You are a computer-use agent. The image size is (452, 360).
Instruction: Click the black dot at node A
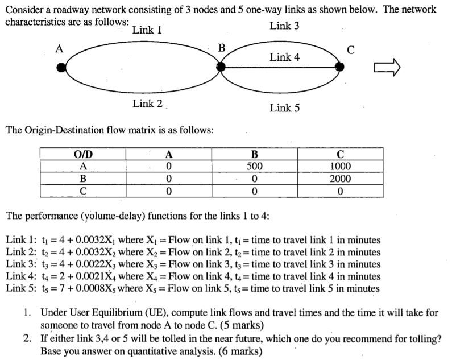pos(61,68)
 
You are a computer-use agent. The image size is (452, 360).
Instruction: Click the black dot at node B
pos(221,67)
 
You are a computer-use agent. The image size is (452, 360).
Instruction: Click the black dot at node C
pos(339,67)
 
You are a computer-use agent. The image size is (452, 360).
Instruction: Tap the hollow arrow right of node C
pos(387,68)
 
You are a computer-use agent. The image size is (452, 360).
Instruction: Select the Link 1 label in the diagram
pos(147,30)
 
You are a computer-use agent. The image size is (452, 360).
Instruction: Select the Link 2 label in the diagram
pos(147,104)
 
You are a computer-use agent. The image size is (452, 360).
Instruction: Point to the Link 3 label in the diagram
pos(284,26)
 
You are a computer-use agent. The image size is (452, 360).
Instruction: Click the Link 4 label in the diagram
pos(284,57)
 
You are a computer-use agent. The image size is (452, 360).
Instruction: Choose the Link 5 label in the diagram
pos(284,108)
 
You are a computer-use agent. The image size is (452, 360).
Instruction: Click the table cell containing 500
pos(254,167)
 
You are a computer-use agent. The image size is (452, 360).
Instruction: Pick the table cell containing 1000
pos(341,167)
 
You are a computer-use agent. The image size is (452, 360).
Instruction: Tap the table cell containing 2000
pos(341,179)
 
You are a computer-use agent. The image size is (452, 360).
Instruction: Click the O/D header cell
pos(84,155)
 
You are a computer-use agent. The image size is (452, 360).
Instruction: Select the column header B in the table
pos(254,155)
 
